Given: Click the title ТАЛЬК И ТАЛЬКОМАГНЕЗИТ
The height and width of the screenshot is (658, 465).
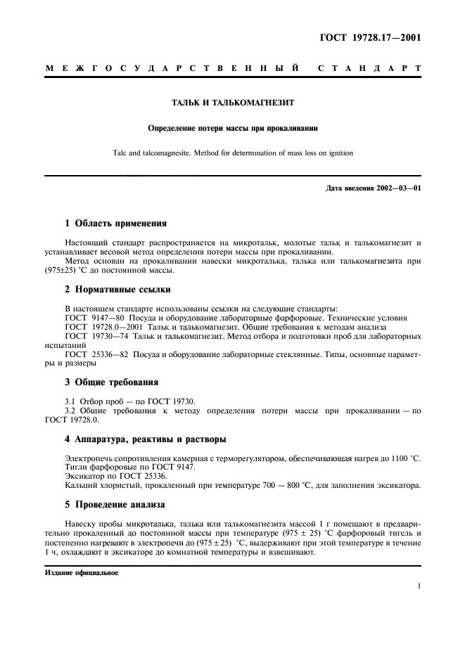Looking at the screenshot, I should (233, 103).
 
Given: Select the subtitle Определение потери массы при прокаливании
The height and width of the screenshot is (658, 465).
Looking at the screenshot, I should (233, 128).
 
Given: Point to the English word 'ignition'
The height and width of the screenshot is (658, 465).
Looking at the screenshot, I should (339, 152).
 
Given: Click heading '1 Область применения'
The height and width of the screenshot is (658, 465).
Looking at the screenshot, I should (115, 224).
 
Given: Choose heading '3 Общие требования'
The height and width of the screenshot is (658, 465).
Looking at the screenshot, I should (112, 382).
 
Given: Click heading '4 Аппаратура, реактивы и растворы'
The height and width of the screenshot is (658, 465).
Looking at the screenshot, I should (146, 439).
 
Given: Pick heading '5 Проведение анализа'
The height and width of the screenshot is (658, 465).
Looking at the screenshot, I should (115, 504).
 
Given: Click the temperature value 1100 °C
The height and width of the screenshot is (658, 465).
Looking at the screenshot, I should (404, 458).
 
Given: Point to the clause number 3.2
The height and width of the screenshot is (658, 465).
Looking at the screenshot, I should (70, 410).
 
